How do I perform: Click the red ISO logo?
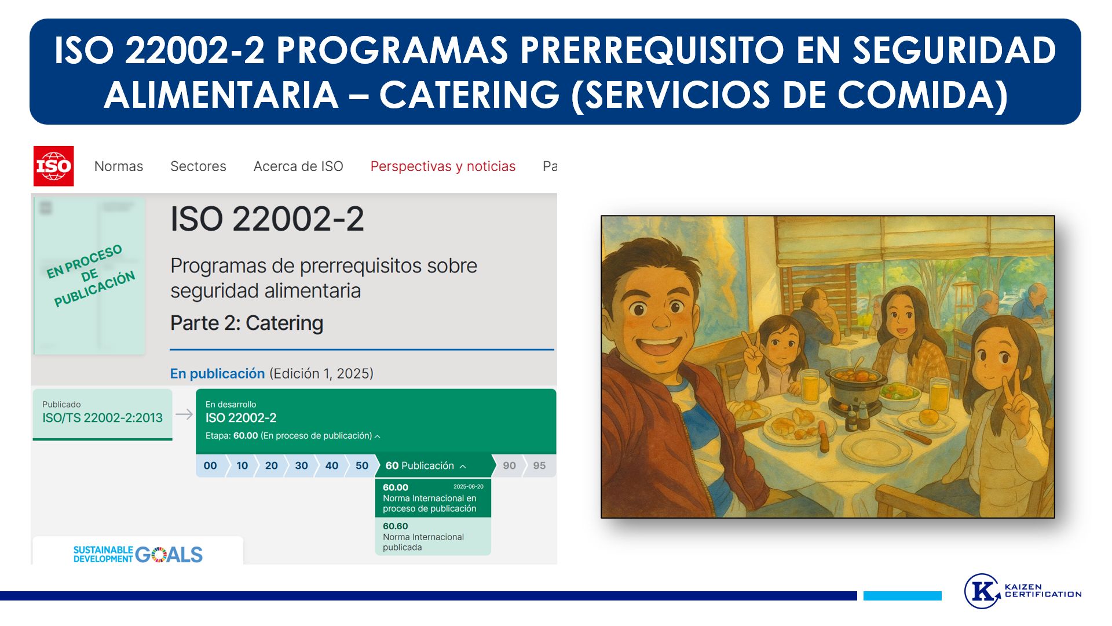53,166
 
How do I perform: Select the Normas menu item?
119,166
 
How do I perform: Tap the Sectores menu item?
198,166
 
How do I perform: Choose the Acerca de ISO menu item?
298,166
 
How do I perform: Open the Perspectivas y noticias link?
443,166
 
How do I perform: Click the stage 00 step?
210,465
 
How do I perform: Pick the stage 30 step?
301,465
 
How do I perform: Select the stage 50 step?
362,465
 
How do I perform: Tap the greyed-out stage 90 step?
510,465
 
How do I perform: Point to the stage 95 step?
540,465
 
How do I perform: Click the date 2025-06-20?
468,487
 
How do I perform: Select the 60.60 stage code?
396,526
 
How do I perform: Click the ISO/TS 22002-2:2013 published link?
103,418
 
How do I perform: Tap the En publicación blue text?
217,374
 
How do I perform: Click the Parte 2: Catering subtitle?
247,323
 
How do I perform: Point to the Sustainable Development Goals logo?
138,555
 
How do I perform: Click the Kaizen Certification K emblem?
982,591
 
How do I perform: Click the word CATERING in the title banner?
470,95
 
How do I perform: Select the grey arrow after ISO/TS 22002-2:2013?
184,414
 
